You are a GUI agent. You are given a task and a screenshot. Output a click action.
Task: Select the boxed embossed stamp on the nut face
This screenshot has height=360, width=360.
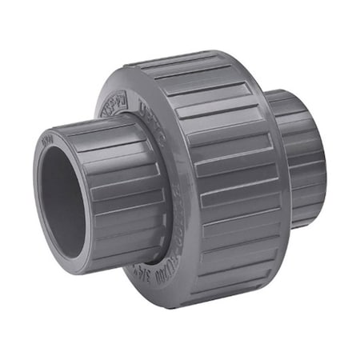pyautogui.click(x=114, y=102)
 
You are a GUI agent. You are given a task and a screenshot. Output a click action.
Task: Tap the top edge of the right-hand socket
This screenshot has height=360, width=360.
pyautogui.click(x=296, y=94)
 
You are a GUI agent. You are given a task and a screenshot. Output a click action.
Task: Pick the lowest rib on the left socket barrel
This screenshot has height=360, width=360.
pyautogui.click(x=120, y=252)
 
